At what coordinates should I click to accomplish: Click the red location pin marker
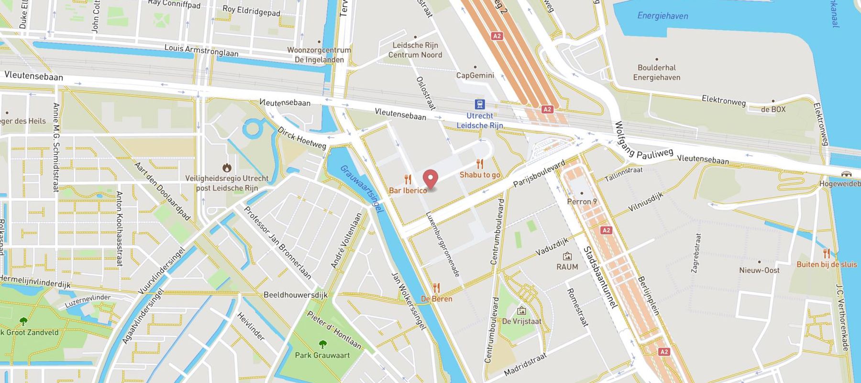pos(431,179)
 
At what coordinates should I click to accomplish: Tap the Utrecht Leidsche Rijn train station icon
pos(479,104)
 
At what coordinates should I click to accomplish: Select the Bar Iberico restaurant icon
pos(408,180)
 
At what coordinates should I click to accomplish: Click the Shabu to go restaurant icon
pos(480,164)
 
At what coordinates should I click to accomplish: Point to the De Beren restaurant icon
pos(436,288)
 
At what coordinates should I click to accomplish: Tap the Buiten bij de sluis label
pos(826,264)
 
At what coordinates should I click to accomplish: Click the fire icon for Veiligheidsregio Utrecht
pos(227,168)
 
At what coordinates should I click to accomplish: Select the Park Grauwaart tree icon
pos(322,344)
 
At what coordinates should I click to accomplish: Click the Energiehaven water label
pos(662,16)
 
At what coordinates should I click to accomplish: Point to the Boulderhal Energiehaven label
pos(656,73)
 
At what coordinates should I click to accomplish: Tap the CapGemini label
pos(475,75)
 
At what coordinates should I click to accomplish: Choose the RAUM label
pos(567,267)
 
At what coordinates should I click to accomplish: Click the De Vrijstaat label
pos(521,321)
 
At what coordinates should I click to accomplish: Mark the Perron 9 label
pos(582,202)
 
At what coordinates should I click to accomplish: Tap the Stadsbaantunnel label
pos(600,278)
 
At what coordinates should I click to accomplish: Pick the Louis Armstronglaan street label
pos(201,50)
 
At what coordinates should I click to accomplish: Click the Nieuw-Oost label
pos(759,270)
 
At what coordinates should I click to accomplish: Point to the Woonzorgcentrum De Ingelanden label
pos(319,55)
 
